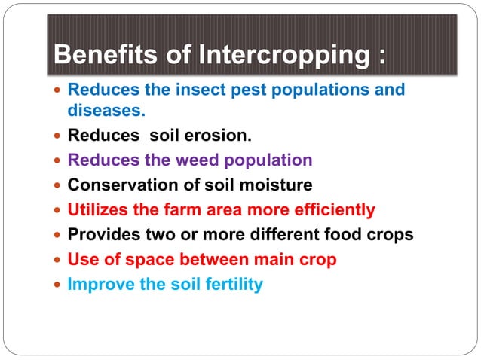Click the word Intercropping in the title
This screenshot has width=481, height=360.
coord(284,55)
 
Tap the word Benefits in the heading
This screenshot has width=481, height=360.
coord(106,54)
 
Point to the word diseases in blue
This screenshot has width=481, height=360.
coord(106,110)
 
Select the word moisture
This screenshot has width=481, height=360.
coord(276,185)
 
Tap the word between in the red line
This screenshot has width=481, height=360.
coord(214,260)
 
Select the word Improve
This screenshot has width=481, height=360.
coord(101,285)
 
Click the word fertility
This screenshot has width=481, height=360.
coord(234,285)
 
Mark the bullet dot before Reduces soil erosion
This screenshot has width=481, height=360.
coord(57,136)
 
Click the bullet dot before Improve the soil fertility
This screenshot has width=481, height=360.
coord(57,285)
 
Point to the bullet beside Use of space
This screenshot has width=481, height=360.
coord(57,260)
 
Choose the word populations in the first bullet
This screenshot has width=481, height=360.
coord(320,90)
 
